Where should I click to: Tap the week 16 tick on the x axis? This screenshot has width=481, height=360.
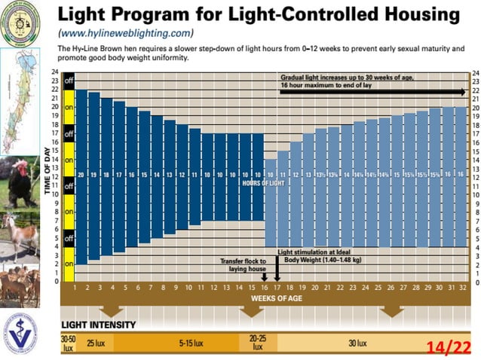[265, 288]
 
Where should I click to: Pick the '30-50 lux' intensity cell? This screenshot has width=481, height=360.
[69, 343]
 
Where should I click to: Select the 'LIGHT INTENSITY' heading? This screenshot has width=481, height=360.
[99, 325]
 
